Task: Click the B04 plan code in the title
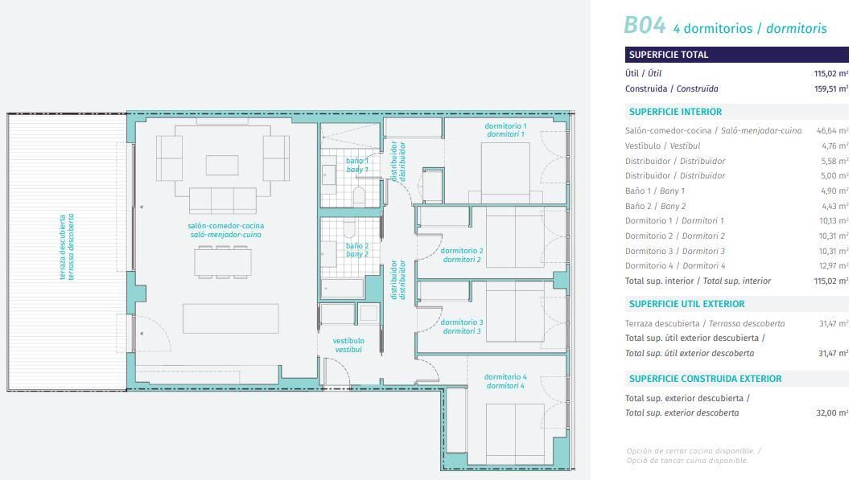coord(644,26)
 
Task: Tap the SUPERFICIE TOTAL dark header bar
coord(736,55)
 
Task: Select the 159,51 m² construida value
coord(830,88)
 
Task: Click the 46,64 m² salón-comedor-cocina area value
coord(832,130)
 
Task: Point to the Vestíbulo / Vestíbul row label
coord(662,146)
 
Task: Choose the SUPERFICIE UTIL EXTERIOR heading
coord(687,304)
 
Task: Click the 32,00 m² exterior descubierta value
coord(832,412)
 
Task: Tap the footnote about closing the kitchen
coord(694,456)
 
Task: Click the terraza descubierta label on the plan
coord(66,247)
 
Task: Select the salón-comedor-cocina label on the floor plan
coord(225,231)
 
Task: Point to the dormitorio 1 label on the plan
coord(505,130)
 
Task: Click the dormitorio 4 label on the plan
coord(505,381)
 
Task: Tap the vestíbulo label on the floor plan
coord(348,345)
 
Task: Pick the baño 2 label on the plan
coord(357,250)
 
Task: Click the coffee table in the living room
coord(222,165)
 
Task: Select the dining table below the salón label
coord(223,262)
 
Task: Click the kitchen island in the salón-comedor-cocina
coord(231,318)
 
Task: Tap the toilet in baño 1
coord(359,195)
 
